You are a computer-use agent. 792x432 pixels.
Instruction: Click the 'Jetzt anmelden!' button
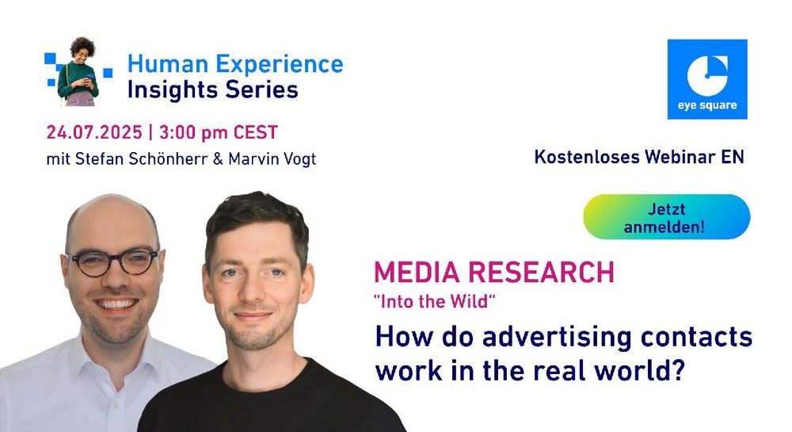[666, 216]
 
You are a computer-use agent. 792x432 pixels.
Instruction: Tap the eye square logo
[707, 79]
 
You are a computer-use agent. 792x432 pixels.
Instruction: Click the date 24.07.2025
[94, 132]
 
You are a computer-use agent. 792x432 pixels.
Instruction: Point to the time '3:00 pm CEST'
[219, 132]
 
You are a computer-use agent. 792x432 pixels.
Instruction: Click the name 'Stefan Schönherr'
[142, 159]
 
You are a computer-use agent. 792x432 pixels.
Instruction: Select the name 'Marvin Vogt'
[272, 159]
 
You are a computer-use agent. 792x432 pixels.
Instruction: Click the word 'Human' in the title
[168, 63]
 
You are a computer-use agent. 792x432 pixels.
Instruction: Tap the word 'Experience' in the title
[280, 65]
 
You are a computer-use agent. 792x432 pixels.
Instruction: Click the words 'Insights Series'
[212, 90]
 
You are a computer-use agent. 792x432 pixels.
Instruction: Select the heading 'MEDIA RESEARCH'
[494, 272]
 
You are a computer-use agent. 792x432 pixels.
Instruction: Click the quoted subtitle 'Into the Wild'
[434, 301]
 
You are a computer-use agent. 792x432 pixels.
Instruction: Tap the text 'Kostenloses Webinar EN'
[639, 157]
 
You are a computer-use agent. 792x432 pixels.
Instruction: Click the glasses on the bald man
[112, 262]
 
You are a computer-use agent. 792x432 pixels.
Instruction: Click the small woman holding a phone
[78, 72]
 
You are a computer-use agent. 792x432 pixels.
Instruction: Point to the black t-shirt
[268, 400]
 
